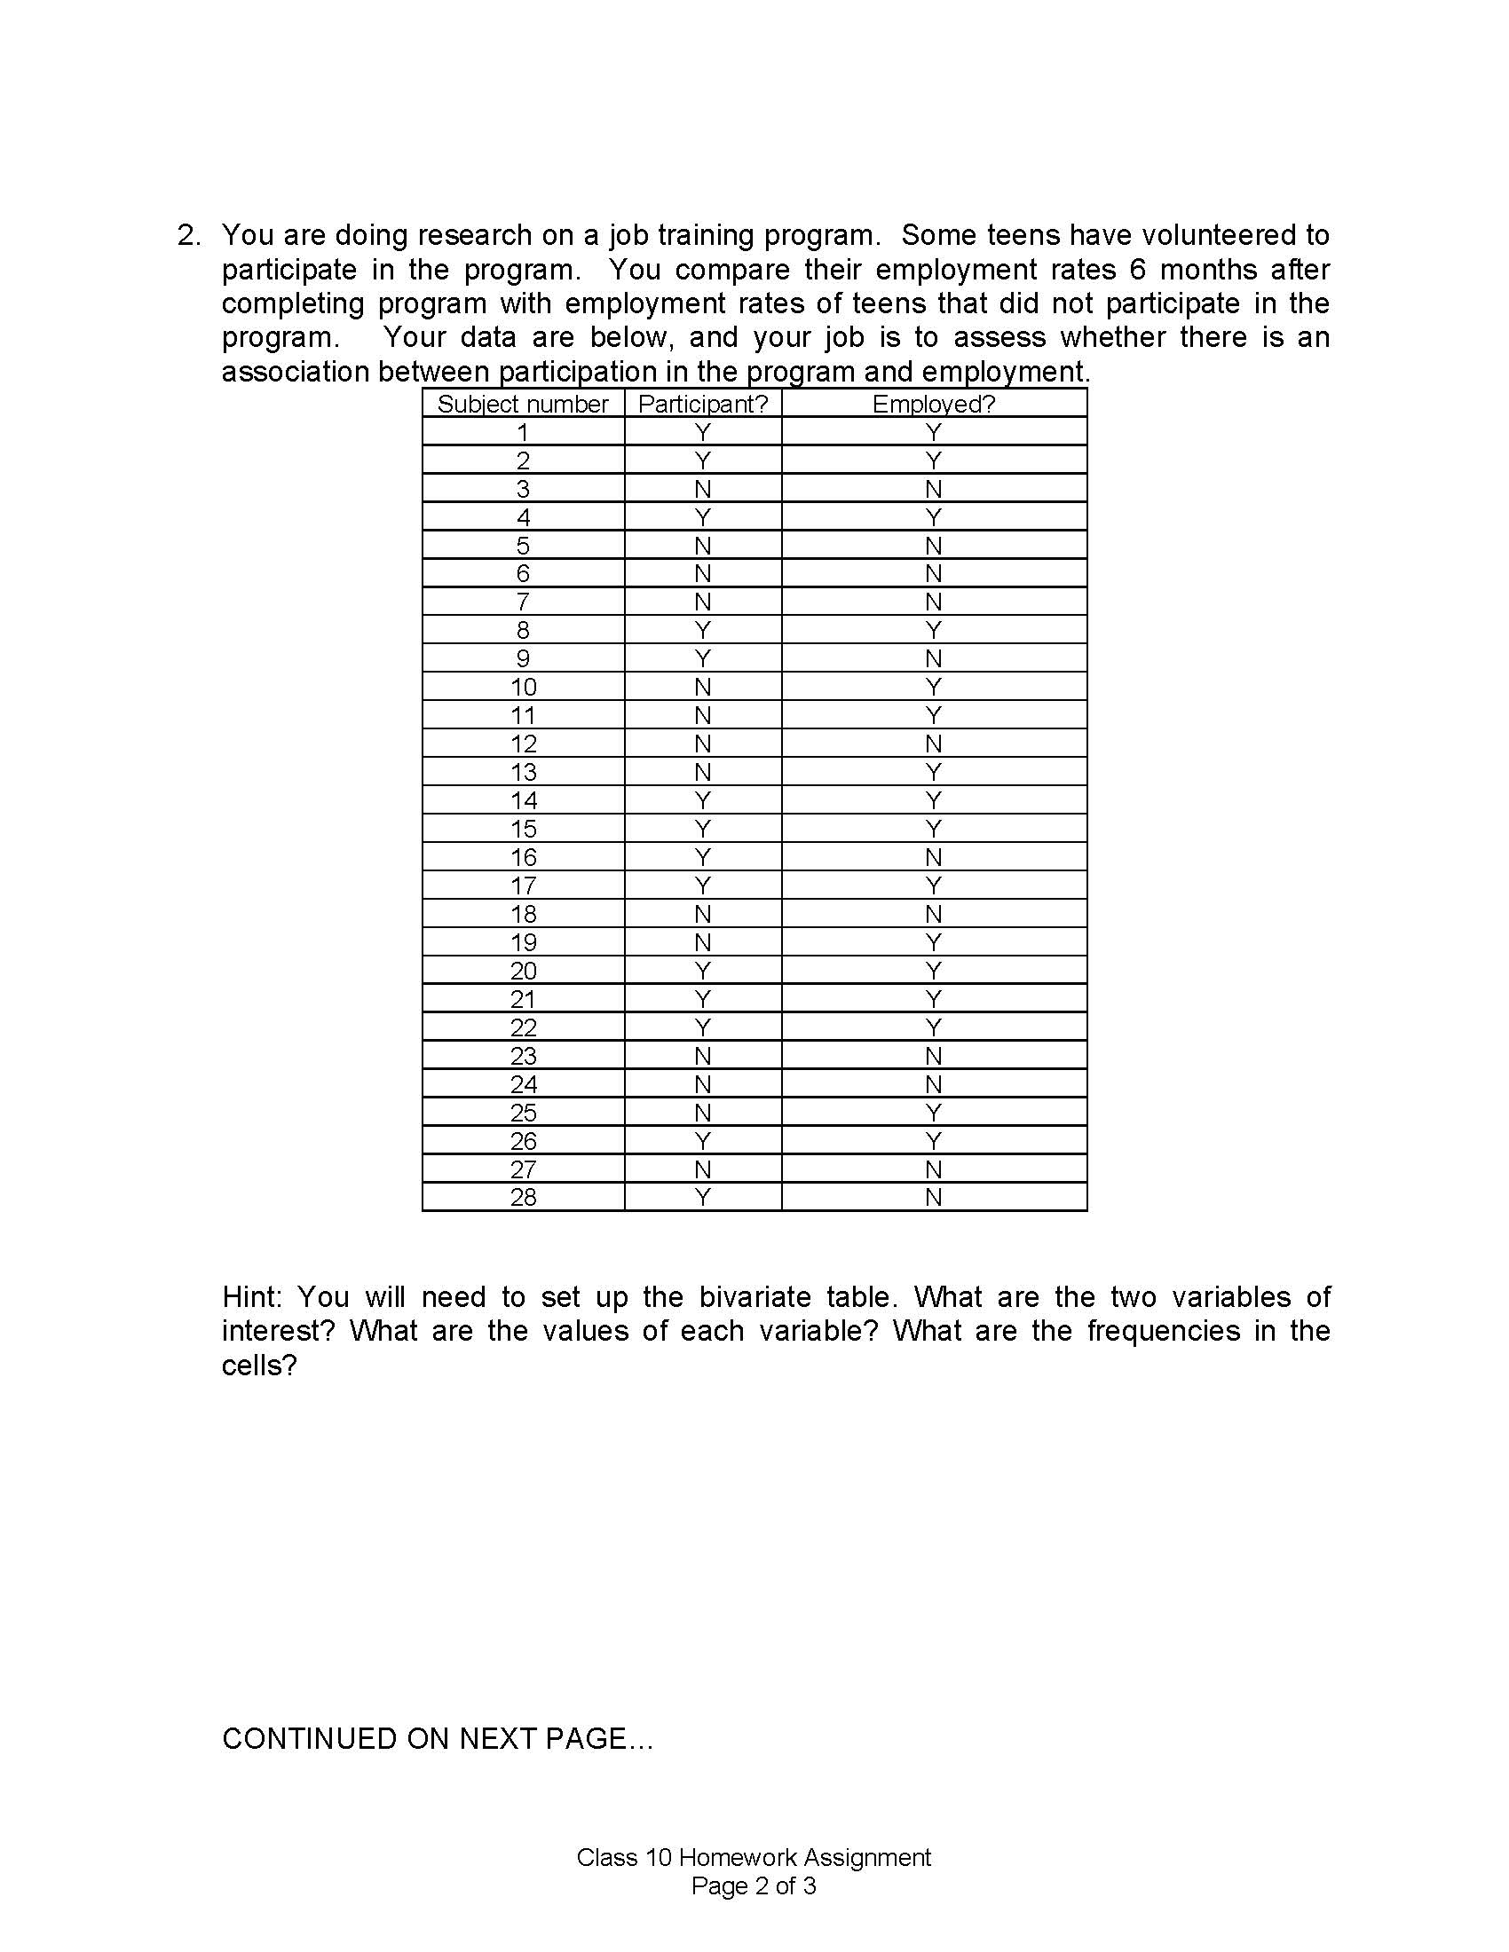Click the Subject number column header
pos(522,404)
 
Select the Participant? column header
pos(703,404)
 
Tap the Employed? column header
pos(933,404)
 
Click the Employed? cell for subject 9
pos(933,658)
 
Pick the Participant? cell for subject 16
pos(703,857)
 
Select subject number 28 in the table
pos(523,1197)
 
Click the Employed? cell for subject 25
pos(933,1113)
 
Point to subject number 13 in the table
pos(523,772)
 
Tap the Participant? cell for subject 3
pos(703,489)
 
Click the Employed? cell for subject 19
pos(933,942)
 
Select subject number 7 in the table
pos(523,602)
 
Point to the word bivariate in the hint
pos(752,1297)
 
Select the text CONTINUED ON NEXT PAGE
pos(437,1738)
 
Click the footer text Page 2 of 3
pos(754,1886)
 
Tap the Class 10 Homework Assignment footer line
pos(754,1858)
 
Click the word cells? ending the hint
pos(258,1365)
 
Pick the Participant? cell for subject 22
pos(703,1027)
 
